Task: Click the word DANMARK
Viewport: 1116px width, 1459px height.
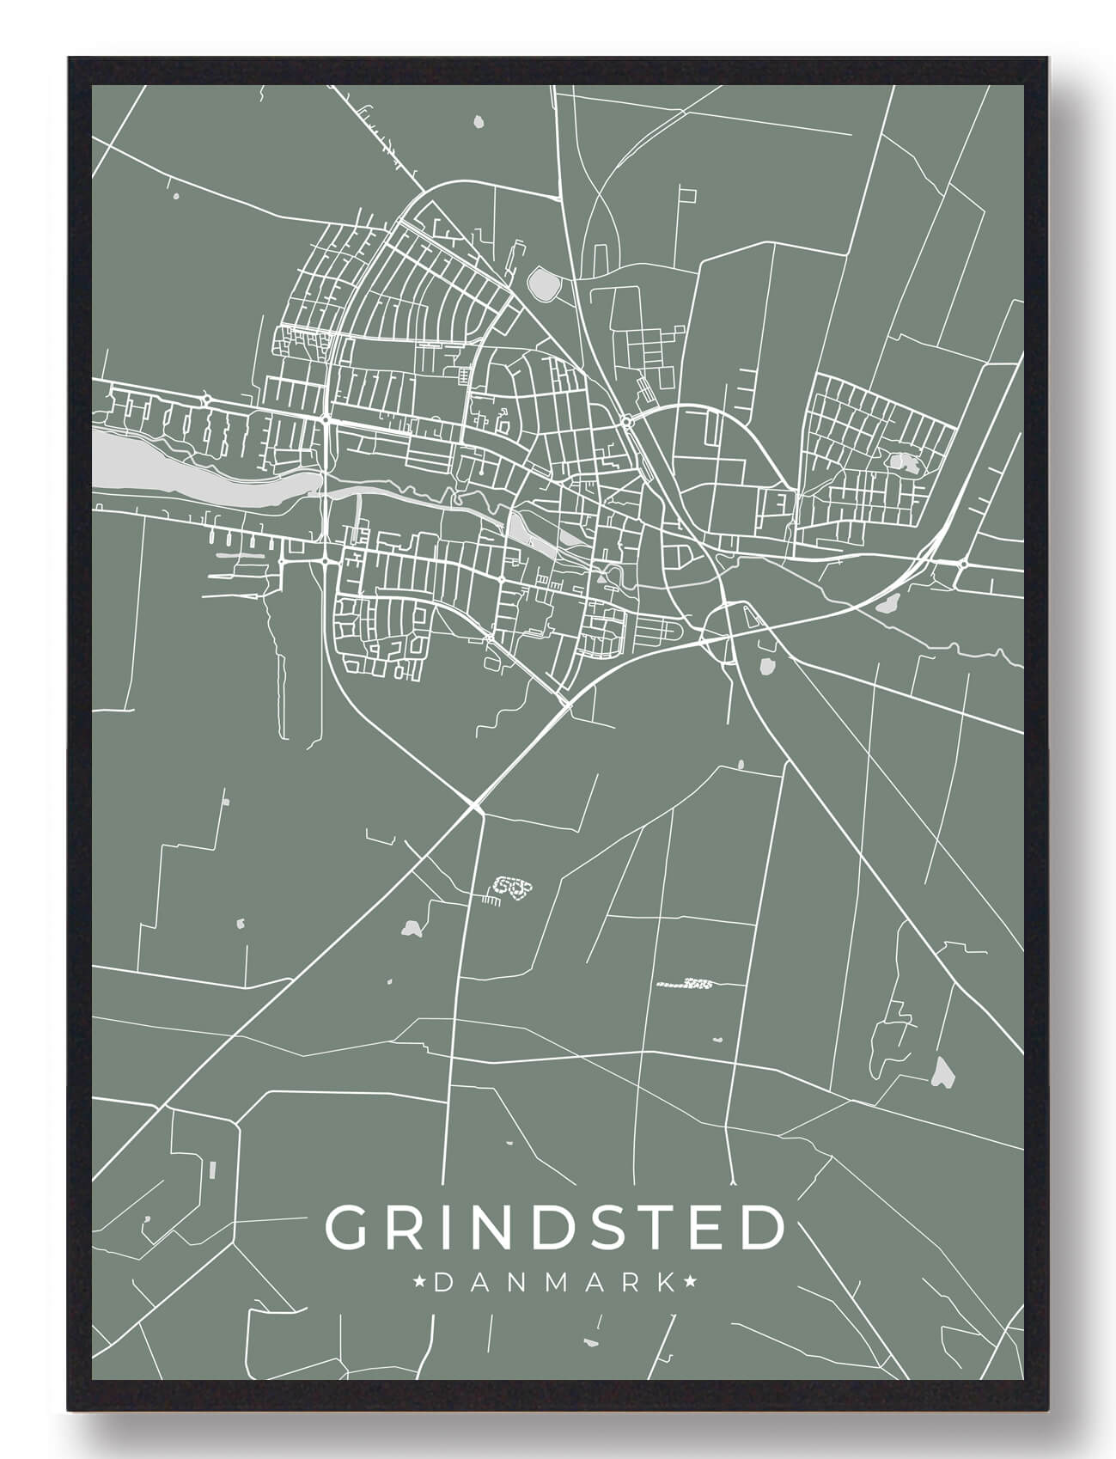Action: (x=554, y=1283)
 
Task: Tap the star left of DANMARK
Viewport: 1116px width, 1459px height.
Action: (x=420, y=1283)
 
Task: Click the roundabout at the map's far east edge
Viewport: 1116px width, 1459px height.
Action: (x=964, y=565)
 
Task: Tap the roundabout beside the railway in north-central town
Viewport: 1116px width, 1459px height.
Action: (x=625, y=421)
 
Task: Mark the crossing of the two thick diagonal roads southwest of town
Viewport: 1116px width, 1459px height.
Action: (x=475, y=806)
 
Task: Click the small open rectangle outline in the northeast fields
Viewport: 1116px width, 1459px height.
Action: (x=688, y=194)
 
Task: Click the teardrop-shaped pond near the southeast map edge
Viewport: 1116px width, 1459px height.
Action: (x=943, y=1071)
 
